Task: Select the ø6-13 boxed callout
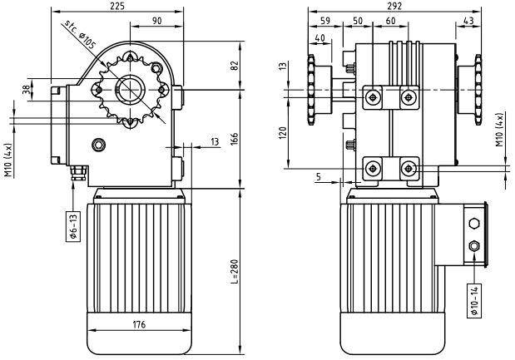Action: (72, 225)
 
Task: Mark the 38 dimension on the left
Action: (27, 90)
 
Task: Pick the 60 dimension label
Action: (390, 21)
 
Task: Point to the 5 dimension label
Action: (319, 176)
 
